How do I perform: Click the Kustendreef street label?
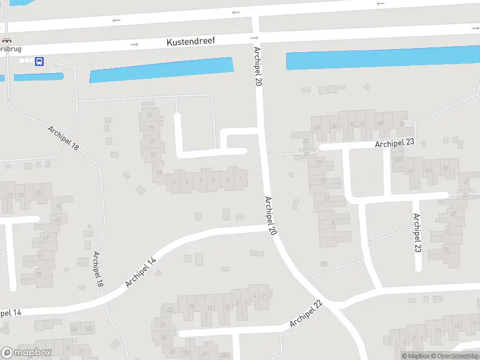[190, 41]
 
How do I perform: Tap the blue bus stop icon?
[39, 61]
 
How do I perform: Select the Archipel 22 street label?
[306, 314]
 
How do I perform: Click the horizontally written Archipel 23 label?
[395, 143]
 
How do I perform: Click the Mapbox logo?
[27, 353]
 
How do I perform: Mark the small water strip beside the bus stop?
[38, 77]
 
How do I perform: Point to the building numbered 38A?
[224, 355]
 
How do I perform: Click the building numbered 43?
[46, 238]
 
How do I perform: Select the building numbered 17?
[152, 142]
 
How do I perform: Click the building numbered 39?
[379, 124]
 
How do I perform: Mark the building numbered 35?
[363, 124]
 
